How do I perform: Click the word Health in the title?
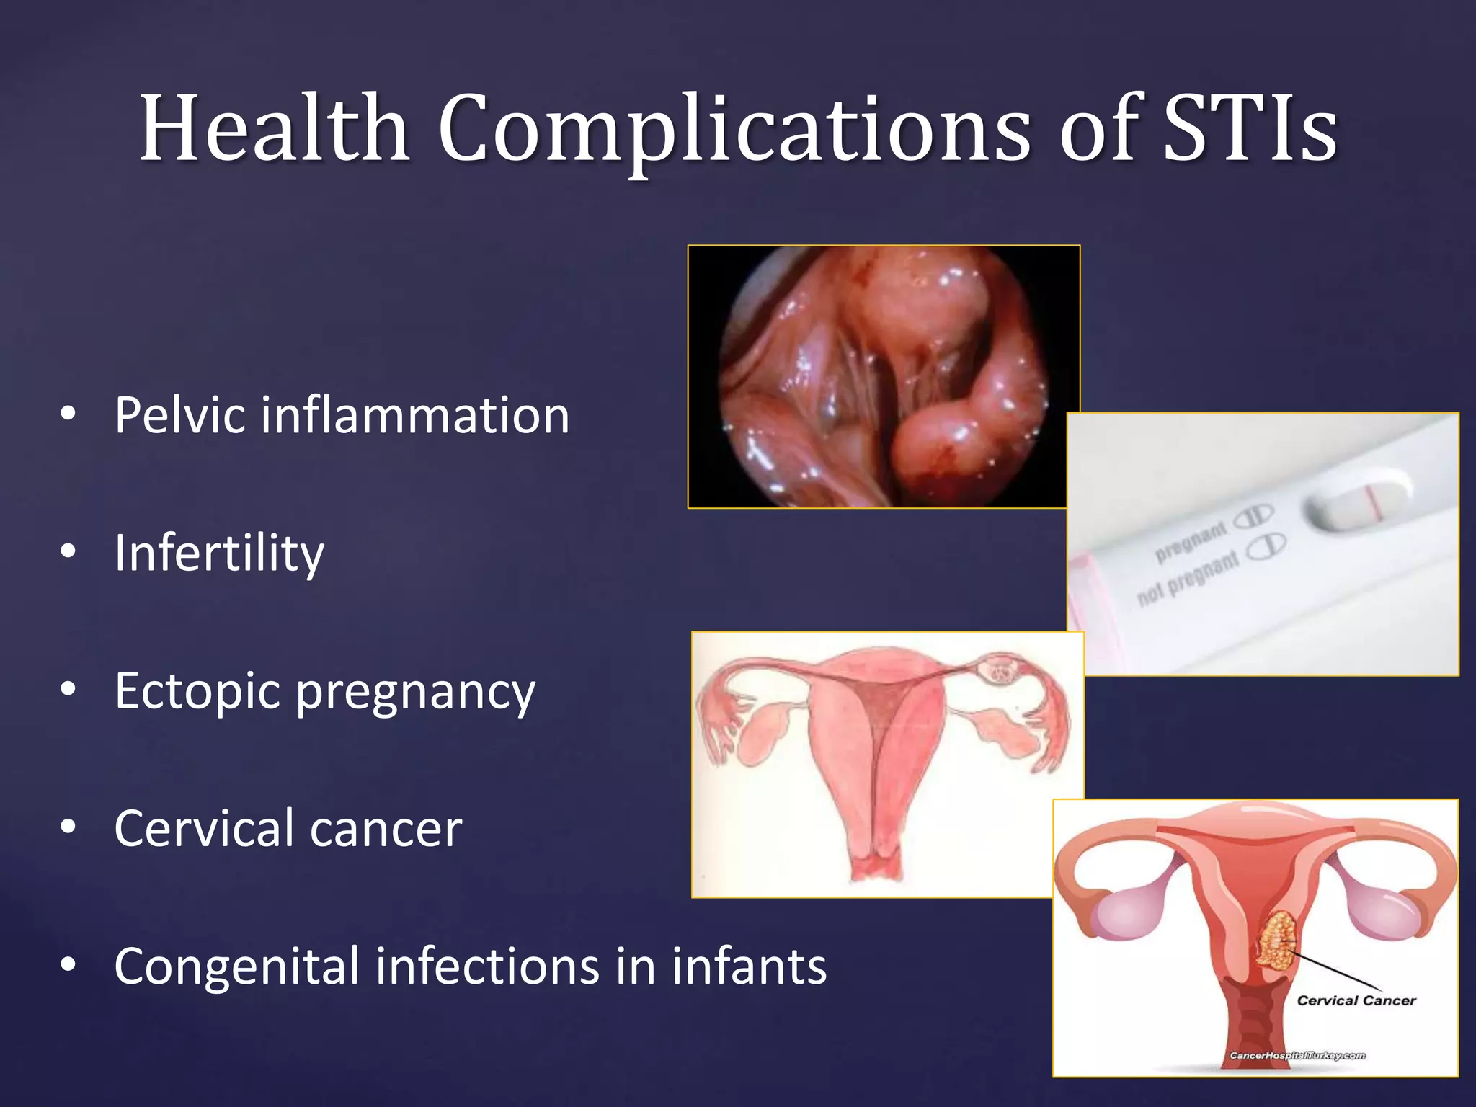point(275,128)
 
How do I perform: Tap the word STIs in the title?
point(1250,128)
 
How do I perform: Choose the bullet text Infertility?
point(219,553)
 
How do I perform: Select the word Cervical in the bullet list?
point(205,828)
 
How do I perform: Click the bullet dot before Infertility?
point(68,552)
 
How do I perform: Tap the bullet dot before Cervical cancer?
point(68,828)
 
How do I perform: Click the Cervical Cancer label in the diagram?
point(1356,1000)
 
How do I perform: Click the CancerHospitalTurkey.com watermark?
point(1297,1056)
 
